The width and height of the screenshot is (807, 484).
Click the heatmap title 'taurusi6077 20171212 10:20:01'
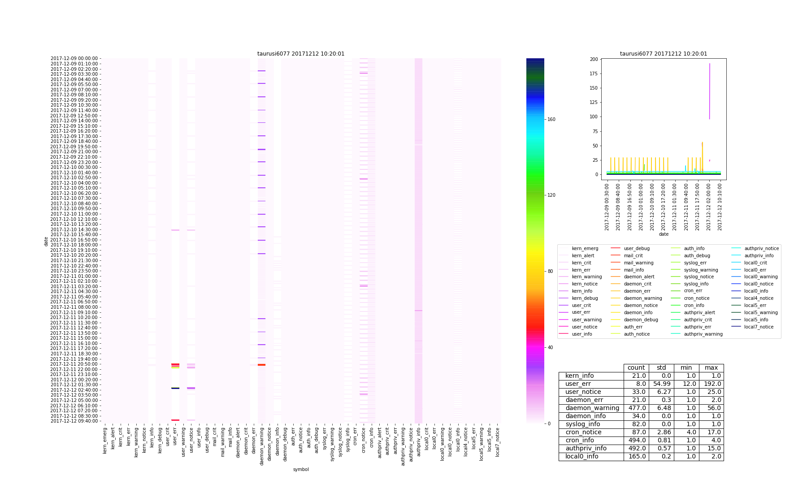coord(301,54)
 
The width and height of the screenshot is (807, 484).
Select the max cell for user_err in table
coord(711,384)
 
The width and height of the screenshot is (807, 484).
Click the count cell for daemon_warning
coord(636,408)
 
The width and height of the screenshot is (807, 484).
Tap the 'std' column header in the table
coord(661,368)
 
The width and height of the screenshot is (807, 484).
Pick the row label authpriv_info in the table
coord(586,449)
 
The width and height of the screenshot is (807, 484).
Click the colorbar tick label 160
coord(551,120)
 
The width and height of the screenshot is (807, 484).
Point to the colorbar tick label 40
coord(550,348)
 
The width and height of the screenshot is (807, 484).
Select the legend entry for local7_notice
coord(759,327)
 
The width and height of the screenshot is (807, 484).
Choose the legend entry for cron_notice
coord(696,298)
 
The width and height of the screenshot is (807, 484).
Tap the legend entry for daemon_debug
coord(641,320)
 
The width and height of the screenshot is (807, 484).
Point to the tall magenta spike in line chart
coord(709,90)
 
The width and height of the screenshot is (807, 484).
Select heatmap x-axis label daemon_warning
coord(262,446)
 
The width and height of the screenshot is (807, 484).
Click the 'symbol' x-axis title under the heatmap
coord(301,470)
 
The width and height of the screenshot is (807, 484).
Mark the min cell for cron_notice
coord(686,432)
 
